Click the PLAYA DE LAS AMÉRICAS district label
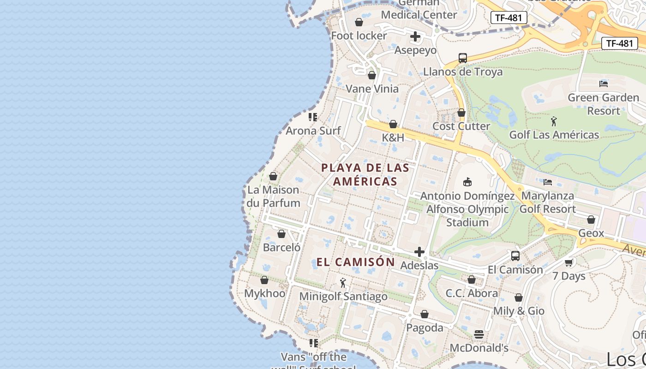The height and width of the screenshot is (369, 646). click(365, 174)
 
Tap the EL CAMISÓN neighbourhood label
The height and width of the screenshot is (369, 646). click(355, 262)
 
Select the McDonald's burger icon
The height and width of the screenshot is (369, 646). click(479, 334)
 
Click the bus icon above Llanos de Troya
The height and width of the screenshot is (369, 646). click(463, 58)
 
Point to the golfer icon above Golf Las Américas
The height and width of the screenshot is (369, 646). click(554, 121)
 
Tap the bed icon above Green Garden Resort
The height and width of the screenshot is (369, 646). click(603, 83)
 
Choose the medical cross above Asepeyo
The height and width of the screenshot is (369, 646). click(415, 36)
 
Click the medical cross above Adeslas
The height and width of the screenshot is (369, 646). click(419, 252)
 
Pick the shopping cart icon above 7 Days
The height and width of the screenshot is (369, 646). click(569, 262)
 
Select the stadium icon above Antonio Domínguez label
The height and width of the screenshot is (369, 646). click(467, 182)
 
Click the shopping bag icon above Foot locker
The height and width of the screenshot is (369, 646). click(359, 22)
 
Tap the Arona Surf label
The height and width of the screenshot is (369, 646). click(313, 131)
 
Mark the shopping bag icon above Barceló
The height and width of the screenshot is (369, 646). click(281, 234)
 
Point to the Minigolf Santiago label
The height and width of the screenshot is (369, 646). click(343, 296)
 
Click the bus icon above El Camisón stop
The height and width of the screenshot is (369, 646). click(515, 256)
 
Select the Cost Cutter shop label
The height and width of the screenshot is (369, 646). click(461, 126)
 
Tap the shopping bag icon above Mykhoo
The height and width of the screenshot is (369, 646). click(264, 280)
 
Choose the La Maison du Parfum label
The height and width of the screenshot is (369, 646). click(273, 196)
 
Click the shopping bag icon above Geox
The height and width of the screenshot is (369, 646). click(591, 220)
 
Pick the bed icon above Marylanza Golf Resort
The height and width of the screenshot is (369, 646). click(548, 182)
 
